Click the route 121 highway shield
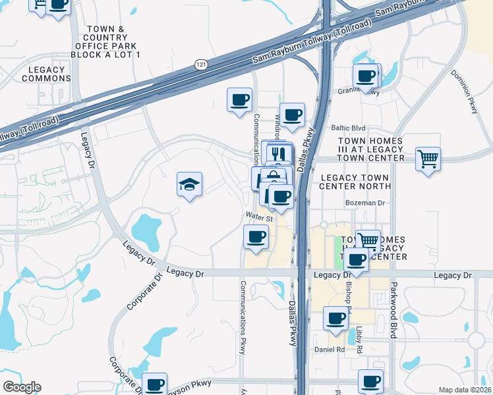(x=200, y=64)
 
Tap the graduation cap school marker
(x=189, y=184)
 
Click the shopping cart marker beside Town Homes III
(x=428, y=159)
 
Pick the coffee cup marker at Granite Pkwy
(x=366, y=76)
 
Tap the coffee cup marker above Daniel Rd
(x=335, y=319)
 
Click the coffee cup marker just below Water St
(x=256, y=237)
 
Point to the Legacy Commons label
(x=46, y=74)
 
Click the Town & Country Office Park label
(x=105, y=41)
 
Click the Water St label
(x=259, y=216)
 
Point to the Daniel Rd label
(x=329, y=350)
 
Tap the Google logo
(x=22, y=387)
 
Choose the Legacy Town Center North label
(x=355, y=182)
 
